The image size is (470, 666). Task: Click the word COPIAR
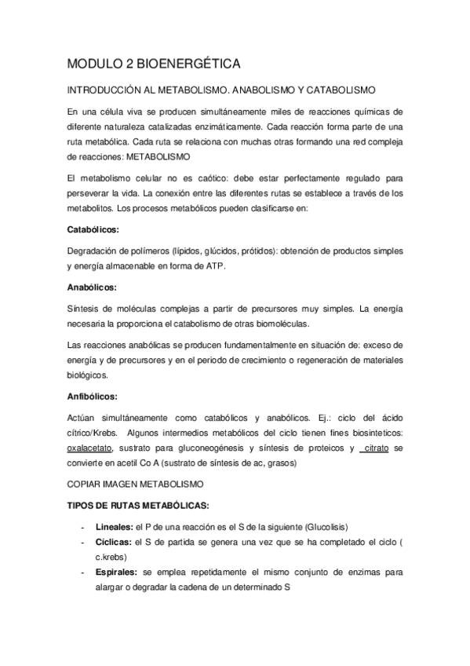(x=87, y=483)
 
